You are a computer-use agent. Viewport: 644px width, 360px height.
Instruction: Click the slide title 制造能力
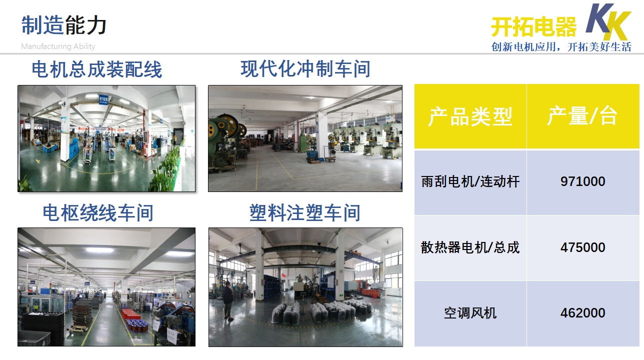pyautogui.click(x=64, y=25)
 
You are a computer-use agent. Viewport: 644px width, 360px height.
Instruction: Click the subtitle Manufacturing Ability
pyautogui.click(x=58, y=46)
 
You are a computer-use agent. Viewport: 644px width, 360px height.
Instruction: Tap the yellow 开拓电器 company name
pyautogui.click(x=534, y=26)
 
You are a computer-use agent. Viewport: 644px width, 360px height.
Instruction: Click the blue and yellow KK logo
pyautogui.click(x=608, y=22)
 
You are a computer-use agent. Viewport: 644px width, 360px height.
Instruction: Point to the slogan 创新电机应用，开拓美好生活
pyautogui.click(x=561, y=46)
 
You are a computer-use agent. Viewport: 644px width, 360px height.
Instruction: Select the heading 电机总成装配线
pyautogui.click(x=97, y=69)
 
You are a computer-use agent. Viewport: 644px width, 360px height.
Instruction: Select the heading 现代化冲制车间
pyautogui.click(x=305, y=69)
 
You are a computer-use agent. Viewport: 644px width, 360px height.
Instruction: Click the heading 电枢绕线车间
pyautogui.click(x=98, y=213)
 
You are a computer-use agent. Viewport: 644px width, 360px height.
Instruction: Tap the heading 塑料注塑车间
pyautogui.click(x=305, y=213)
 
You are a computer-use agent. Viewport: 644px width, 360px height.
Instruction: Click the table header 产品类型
pyautogui.click(x=470, y=116)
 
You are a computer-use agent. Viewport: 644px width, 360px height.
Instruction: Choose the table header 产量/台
pyautogui.click(x=582, y=116)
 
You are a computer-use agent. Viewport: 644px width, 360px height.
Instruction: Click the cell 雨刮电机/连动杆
pyautogui.click(x=470, y=181)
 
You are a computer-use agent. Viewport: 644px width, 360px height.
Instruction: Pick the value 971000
pyautogui.click(x=583, y=181)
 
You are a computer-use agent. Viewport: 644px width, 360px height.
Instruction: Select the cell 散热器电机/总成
pyautogui.click(x=470, y=247)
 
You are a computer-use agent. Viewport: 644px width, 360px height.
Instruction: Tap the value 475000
pyautogui.click(x=583, y=247)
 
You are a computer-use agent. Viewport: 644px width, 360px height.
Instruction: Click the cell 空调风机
pyautogui.click(x=470, y=313)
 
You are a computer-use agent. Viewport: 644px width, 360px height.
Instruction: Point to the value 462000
pyautogui.click(x=583, y=313)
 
